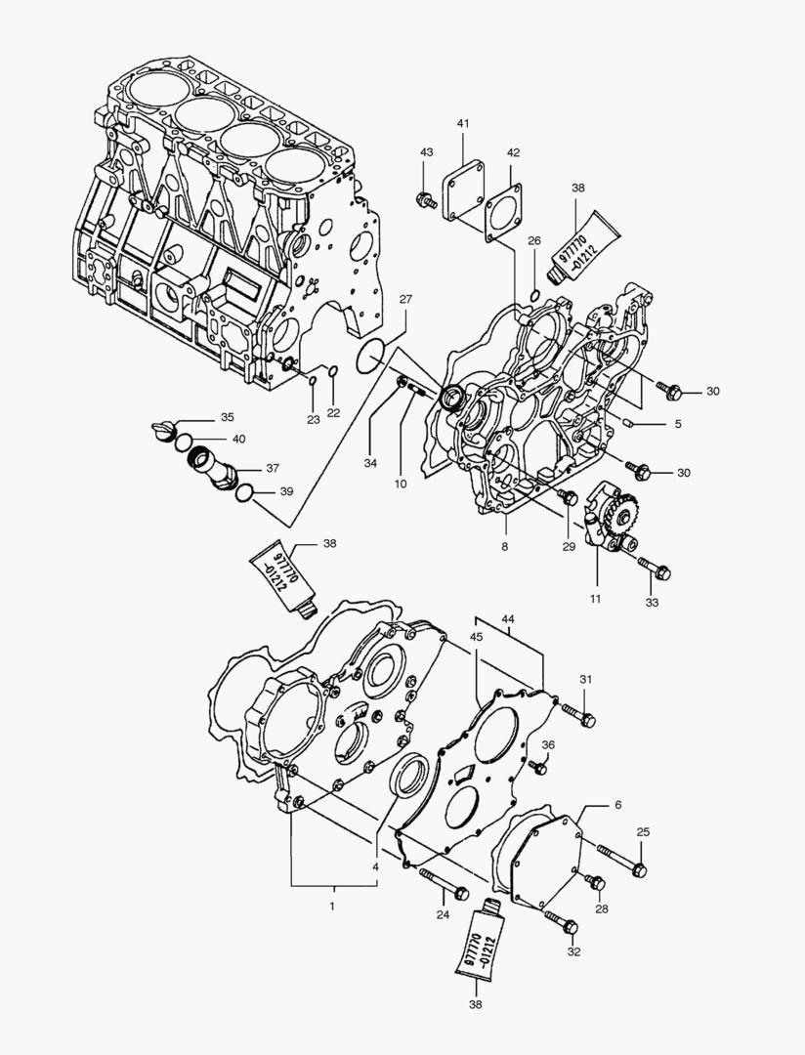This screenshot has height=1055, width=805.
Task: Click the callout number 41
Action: (x=463, y=123)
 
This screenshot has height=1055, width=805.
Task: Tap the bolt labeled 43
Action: (x=427, y=201)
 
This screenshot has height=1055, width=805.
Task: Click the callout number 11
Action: (x=595, y=598)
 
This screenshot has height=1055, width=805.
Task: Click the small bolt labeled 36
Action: (x=537, y=765)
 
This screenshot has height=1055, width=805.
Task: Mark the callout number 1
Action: (x=332, y=907)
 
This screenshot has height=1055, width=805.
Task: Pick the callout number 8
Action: (x=505, y=547)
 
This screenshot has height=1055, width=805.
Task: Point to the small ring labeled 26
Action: (x=533, y=296)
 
